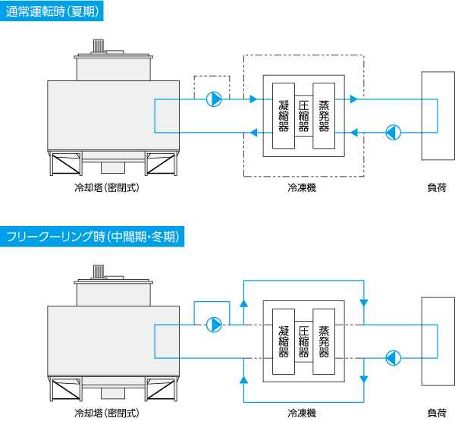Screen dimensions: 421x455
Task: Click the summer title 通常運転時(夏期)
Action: (x=52, y=11)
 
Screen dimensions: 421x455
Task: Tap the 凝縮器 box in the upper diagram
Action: (x=284, y=115)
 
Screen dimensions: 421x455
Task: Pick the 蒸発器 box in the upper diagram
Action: (x=324, y=115)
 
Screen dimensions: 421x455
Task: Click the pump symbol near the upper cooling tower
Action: (x=215, y=99)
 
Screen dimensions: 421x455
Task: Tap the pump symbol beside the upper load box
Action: (x=392, y=132)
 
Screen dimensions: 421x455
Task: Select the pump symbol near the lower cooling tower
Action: (x=215, y=325)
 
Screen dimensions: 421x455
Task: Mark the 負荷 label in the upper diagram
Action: (x=437, y=187)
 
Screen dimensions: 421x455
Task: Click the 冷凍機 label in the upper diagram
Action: (x=302, y=187)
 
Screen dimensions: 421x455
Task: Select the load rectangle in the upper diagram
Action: (x=436, y=115)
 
